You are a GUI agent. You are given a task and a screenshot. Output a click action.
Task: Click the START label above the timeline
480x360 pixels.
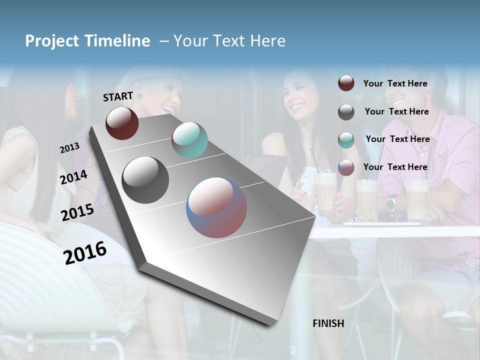[x=118, y=96]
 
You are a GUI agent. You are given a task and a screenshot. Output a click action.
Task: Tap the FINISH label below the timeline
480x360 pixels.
[x=328, y=323]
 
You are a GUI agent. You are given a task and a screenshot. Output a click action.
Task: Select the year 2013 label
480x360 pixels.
[x=69, y=148]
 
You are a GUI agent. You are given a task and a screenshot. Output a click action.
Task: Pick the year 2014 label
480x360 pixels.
[x=73, y=177]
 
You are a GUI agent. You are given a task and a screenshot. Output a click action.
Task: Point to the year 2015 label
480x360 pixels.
[x=77, y=212]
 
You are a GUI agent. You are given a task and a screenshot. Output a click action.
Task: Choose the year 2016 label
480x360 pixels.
[x=85, y=253]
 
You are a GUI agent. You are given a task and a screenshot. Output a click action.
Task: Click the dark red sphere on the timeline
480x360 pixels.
[x=122, y=123]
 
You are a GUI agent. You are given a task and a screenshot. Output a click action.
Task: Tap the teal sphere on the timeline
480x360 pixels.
[x=189, y=140]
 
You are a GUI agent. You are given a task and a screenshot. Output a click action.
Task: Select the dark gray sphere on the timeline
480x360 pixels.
[x=145, y=180]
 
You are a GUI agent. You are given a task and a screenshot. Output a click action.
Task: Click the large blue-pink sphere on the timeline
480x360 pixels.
[x=216, y=207]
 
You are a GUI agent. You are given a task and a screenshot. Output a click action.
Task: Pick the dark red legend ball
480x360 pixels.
[x=346, y=83]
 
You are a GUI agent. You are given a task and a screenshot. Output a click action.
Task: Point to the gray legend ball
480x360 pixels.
[x=346, y=112]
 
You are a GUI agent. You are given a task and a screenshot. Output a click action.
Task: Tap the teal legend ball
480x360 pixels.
[x=346, y=139]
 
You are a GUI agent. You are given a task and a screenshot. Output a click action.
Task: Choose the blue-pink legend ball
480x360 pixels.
[x=346, y=167]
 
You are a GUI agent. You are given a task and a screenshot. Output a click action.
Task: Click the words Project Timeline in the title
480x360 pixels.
[x=87, y=41]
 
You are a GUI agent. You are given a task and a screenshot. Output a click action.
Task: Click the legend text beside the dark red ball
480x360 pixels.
[x=395, y=83]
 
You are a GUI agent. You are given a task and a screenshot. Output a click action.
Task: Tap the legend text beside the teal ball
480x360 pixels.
[x=397, y=139]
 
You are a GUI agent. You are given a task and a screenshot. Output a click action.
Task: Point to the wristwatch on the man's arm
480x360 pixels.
[x=391, y=202]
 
